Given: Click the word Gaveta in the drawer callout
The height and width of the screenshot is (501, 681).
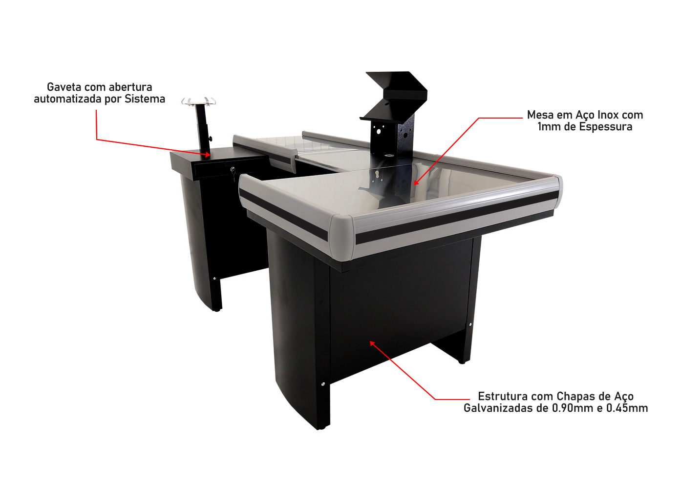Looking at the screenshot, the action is click(x=64, y=87).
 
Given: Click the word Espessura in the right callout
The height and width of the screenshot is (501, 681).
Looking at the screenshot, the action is click(x=606, y=127).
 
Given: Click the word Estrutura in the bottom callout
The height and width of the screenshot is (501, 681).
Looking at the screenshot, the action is click(x=503, y=396).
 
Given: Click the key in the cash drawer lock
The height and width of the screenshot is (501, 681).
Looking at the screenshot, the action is click(x=233, y=173).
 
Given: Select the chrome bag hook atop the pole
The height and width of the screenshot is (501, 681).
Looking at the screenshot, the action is click(x=198, y=101).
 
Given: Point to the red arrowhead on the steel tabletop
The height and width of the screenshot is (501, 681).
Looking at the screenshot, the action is click(x=416, y=182).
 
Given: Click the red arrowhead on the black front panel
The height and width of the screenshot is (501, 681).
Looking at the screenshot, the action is click(x=372, y=343).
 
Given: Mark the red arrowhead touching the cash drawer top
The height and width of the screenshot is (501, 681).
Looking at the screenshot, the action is click(x=208, y=155).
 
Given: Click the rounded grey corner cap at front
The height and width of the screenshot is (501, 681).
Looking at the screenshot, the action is click(x=342, y=236).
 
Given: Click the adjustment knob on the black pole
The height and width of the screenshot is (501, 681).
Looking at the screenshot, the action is click(x=211, y=139).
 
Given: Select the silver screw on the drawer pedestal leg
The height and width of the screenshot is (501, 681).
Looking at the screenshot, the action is click(x=214, y=279).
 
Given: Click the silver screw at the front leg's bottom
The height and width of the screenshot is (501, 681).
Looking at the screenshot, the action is click(x=322, y=384).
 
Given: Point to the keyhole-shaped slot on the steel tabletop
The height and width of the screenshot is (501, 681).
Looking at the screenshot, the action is click(x=377, y=174).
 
